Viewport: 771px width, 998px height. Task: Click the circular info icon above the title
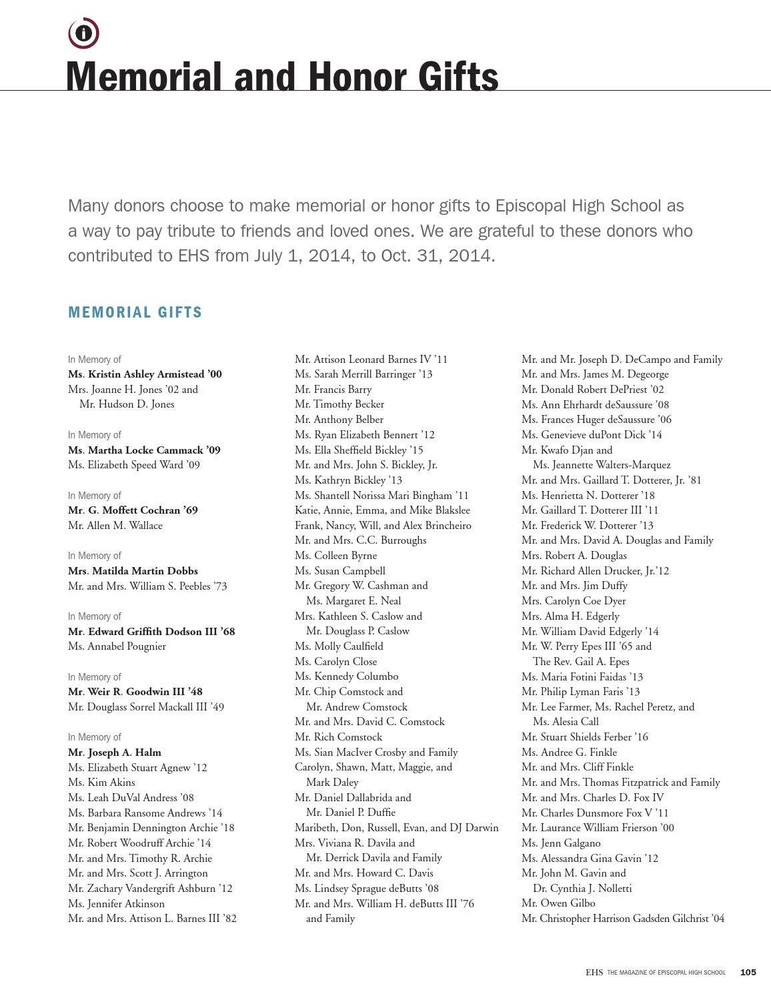pos(83,33)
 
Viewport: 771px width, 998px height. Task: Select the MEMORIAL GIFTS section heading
pos(135,312)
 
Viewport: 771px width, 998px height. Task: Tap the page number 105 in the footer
pos(748,972)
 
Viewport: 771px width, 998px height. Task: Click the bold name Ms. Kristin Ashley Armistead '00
pos(145,374)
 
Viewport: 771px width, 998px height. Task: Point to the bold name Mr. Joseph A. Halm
pos(115,752)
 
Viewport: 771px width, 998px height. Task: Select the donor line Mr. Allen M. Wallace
pos(115,526)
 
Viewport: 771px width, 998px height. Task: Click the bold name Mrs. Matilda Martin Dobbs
pos(133,571)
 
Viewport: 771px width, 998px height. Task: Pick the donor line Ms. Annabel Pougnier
pos(117,646)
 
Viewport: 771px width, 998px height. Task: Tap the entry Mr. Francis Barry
pos(333,390)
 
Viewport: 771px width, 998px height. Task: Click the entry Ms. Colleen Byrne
pos(335,556)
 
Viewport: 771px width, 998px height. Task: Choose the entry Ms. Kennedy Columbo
pos(346,676)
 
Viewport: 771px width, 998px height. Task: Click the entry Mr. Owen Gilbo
pos(558,903)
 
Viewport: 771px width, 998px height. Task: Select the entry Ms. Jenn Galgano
pos(561,843)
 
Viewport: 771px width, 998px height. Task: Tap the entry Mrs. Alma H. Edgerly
pos(570,616)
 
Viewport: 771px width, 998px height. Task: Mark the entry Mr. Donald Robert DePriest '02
pos(592,390)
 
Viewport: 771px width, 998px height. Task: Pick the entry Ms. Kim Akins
pos(101,783)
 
